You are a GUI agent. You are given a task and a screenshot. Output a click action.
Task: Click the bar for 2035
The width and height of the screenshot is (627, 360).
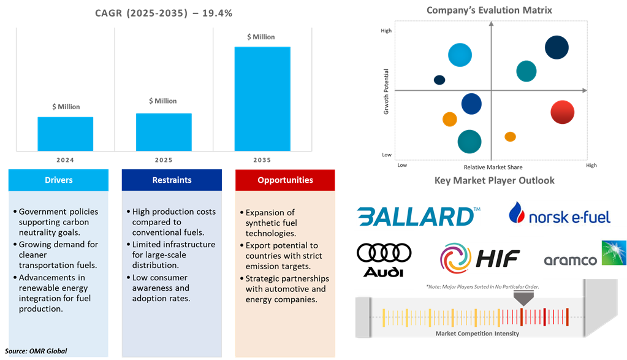(x=262, y=98)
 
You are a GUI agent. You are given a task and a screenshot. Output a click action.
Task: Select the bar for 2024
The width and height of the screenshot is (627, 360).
(x=66, y=134)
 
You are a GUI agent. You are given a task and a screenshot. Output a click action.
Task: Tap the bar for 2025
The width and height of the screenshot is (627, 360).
(x=164, y=132)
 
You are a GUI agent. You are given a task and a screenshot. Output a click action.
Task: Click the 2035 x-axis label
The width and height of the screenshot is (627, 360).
(x=262, y=160)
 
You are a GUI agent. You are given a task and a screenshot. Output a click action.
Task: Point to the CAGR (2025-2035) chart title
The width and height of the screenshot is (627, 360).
(x=163, y=13)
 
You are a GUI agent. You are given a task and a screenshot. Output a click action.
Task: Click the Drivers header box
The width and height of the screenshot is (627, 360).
(x=59, y=180)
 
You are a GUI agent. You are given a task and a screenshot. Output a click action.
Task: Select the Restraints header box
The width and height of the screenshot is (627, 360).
(x=172, y=180)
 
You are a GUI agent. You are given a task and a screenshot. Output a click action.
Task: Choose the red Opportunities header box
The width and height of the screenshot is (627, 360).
(x=285, y=180)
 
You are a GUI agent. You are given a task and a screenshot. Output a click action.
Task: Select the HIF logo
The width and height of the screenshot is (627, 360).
(x=480, y=258)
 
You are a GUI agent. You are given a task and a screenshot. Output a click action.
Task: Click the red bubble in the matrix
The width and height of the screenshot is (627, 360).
(x=561, y=112)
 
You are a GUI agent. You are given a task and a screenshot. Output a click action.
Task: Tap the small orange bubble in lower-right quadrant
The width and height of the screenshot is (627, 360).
(x=510, y=136)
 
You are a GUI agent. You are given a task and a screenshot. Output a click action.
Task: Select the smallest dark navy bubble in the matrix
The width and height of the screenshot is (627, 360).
(x=439, y=80)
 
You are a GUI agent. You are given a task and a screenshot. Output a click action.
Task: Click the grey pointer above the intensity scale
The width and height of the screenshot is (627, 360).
(x=522, y=297)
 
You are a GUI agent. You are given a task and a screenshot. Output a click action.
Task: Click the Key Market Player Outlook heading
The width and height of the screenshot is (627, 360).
(x=495, y=180)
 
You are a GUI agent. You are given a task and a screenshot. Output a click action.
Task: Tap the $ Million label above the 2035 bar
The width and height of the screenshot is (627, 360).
(x=260, y=37)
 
